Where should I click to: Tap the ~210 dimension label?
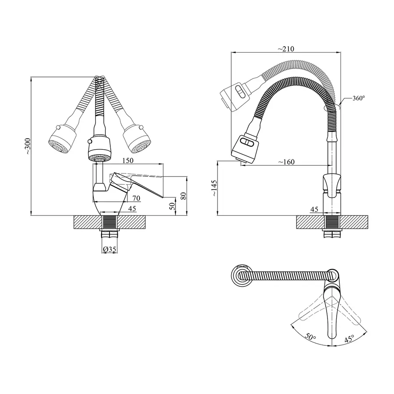click(286, 49)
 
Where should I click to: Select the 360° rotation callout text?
click(359, 98)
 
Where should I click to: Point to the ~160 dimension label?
click(286, 162)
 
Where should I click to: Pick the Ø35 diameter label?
click(109, 249)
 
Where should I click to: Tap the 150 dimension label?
click(128, 160)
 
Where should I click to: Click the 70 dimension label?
click(136, 198)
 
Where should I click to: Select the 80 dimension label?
click(183, 196)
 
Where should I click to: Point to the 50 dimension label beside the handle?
click(172, 206)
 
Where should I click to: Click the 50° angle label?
click(310, 337)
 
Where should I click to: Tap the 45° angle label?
click(349, 338)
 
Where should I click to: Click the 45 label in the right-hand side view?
click(314, 209)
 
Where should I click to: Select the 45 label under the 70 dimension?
click(132, 208)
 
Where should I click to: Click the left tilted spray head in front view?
click(62, 140)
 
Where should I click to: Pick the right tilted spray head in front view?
click(137, 139)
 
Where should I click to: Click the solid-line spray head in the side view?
click(245, 149)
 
